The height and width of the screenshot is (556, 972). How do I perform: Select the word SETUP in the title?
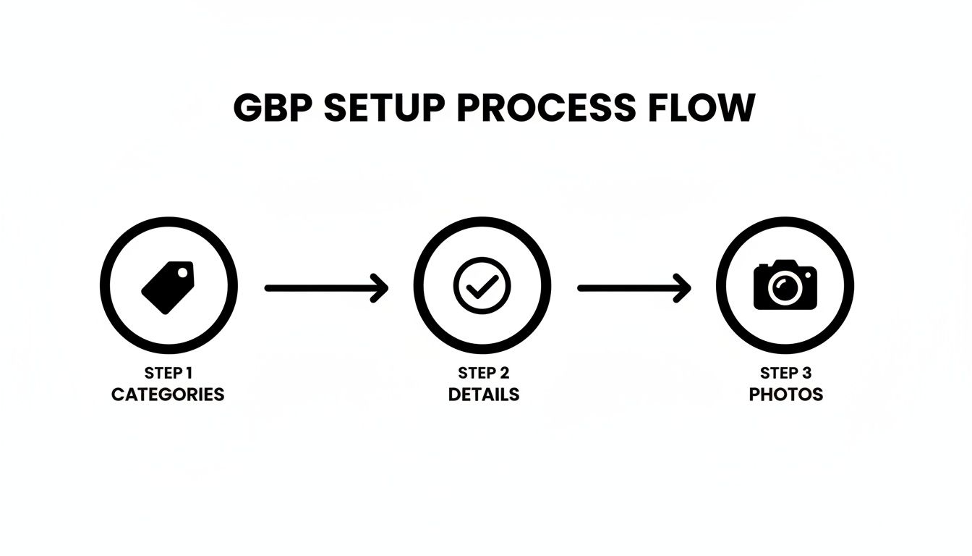[x=385, y=109]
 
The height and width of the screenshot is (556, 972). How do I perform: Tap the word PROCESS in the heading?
[x=543, y=109]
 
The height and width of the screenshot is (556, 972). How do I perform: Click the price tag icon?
[x=168, y=287]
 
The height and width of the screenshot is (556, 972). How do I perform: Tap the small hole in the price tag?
[x=183, y=273]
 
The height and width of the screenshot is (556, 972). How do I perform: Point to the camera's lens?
[x=785, y=289]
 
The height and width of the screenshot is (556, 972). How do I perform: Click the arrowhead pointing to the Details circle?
[x=380, y=288]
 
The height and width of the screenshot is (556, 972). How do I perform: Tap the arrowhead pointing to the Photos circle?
[x=683, y=288]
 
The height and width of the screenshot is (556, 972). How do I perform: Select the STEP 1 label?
[x=168, y=374]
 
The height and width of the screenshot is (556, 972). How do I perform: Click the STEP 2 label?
[x=483, y=374]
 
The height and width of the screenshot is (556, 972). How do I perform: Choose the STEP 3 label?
[x=785, y=374]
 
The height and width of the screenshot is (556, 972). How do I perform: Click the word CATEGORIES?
[x=168, y=395]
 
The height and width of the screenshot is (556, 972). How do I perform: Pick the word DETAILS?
[x=483, y=395]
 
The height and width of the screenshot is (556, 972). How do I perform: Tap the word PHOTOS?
[x=785, y=395]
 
